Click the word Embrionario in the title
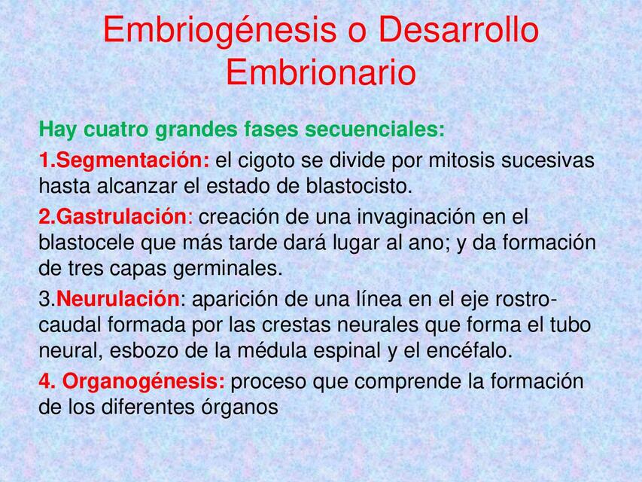coord(321,73)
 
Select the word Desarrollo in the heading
coord(459,31)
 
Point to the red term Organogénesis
coord(143,382)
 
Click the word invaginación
coord(420,217)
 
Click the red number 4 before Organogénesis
coord(44,382)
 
